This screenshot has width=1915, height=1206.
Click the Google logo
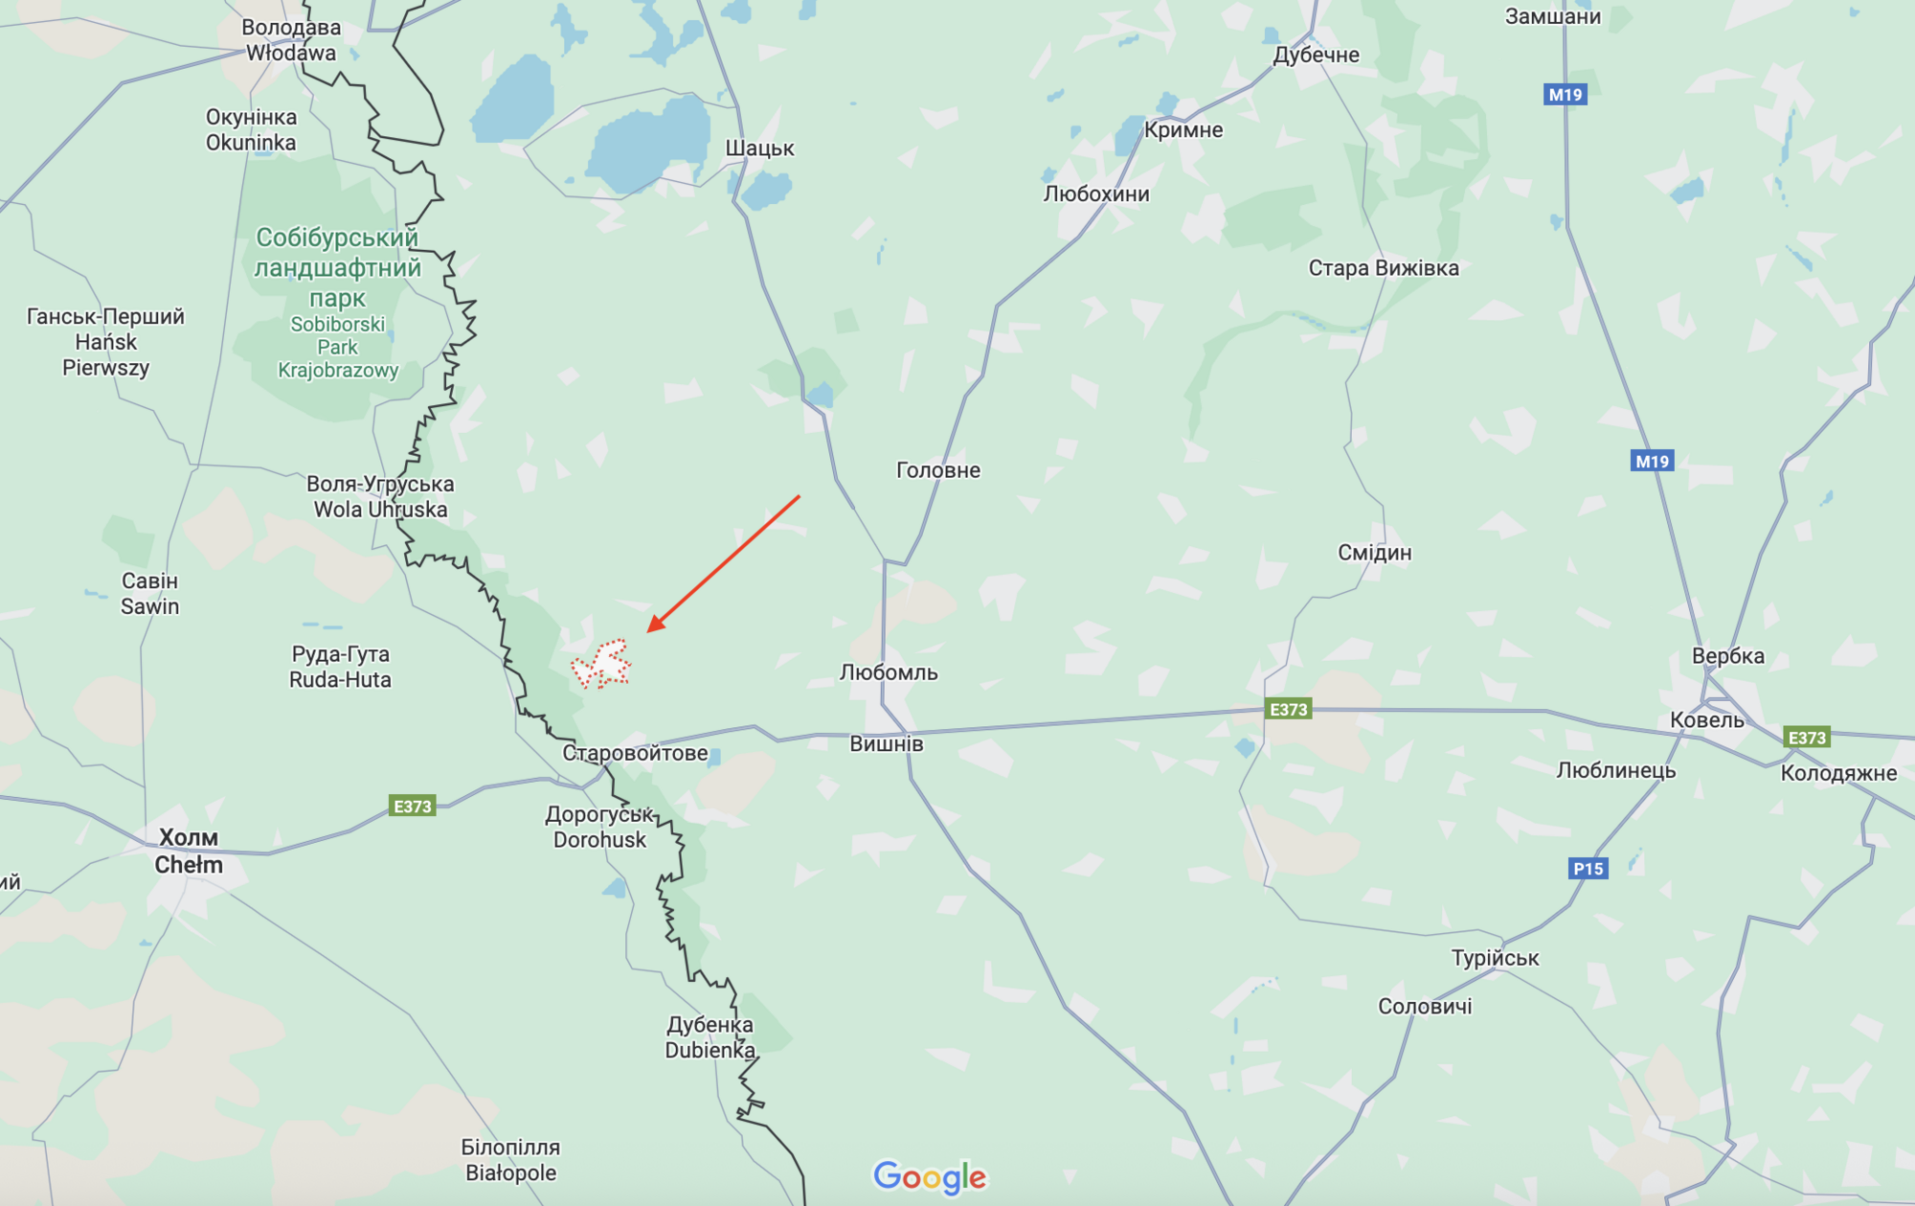929,1176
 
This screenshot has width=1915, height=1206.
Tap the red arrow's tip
650,630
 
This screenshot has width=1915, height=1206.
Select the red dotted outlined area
601,664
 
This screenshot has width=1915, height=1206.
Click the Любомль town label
889,672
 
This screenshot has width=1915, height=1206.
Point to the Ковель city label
1706,720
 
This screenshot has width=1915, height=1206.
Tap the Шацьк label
759,148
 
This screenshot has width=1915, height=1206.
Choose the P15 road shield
1588,869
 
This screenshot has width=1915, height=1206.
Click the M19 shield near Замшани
1566,95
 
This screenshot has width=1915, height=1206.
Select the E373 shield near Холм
413,807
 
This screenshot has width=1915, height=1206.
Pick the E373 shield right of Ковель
1807,738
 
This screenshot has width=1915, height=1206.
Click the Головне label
938,470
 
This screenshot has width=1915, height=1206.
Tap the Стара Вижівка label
1384,268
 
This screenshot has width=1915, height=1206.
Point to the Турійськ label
1495,958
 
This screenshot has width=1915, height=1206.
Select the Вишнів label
887,744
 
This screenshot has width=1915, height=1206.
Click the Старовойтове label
635,753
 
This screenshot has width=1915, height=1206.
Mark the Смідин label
1374,553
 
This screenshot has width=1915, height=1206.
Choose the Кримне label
1183,130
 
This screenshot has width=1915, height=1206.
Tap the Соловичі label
1425,1007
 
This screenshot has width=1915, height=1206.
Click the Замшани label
1552,16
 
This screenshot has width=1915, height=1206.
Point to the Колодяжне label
1838,774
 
